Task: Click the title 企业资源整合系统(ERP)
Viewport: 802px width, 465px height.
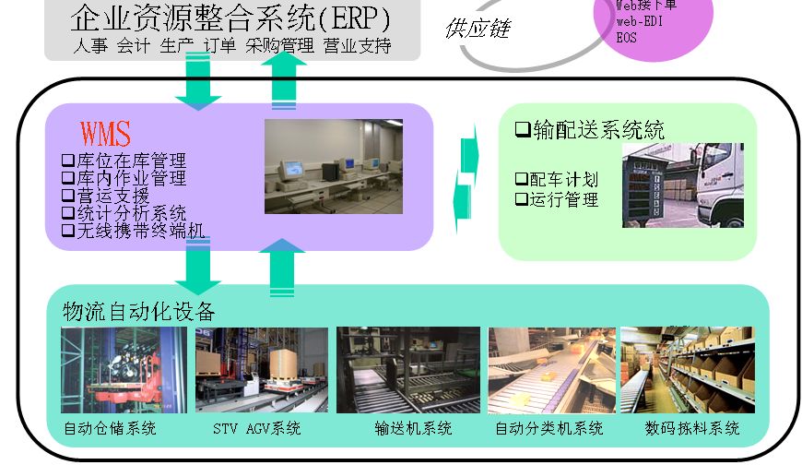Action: (x=230, y=18)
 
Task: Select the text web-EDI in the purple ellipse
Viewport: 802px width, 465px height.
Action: (x=640, y=21)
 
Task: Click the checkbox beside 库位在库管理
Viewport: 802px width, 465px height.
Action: (x=66, y=161)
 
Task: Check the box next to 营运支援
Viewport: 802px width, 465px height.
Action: (x=66, y=196)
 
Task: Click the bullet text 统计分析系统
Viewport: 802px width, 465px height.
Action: (x=130, y=213)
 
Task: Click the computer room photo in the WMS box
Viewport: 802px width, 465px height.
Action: (x=333, y=166)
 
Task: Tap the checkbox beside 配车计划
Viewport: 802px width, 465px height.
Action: (x=521, y=179)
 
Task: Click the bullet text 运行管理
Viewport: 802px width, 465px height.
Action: (x=564, y=198)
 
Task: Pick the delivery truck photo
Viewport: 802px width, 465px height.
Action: (x=682, y=185)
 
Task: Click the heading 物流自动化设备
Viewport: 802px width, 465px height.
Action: (x=138, y=311)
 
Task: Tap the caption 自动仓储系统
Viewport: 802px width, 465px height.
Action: (x=110, y=429)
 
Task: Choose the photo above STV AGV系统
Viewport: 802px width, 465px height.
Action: (x=261, y=369)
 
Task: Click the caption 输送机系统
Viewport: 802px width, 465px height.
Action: (x=413, y=429)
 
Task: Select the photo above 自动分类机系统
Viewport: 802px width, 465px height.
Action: (x=550, y=369)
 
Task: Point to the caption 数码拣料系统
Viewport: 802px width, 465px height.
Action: (x=692, y=429)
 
